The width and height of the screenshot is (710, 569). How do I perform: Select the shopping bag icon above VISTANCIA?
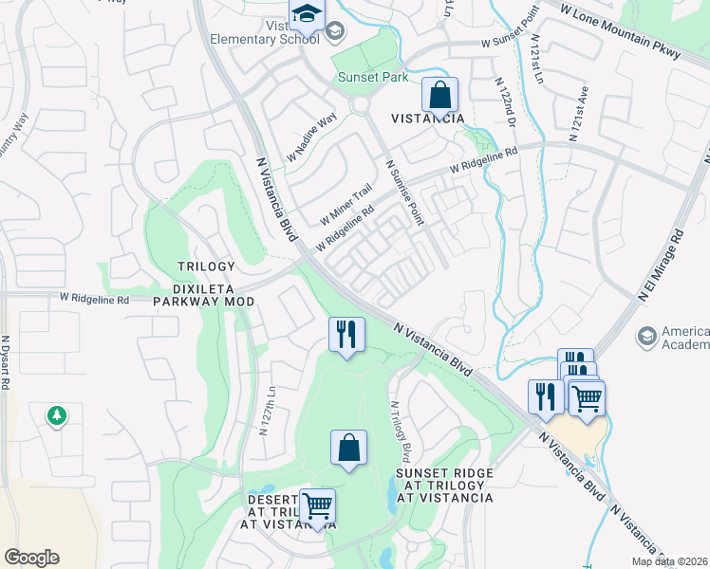pyautogui.click(x=439, y=95)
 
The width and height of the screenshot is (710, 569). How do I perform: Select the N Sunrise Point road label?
pyautogui.click(x=403, y=191)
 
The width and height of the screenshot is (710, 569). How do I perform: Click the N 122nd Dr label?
pyautogui.click(x=505, y=103)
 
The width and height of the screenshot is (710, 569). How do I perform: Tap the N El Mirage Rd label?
pyautogui.click(x=662, y=265)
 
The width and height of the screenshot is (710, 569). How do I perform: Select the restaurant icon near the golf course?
pyautogui.click(x=346, y=334)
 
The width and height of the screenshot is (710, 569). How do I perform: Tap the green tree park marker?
pyautogui.click(x=57, y=414)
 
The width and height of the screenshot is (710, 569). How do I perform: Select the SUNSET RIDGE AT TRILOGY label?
pyautogui.click(x=444, y=485)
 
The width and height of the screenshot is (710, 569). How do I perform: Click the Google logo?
pyautogui.click(x=31, y=558)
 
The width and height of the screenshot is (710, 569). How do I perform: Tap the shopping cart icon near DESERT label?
pyautogui.click(x=317, y=505)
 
